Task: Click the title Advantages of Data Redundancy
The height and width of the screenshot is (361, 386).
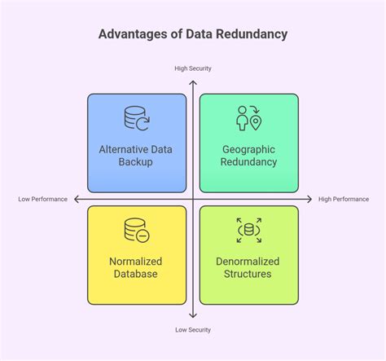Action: [192, 35]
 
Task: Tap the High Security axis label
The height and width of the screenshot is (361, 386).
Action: [193, 68]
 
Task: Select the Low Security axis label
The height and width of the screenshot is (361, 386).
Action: [193, 330]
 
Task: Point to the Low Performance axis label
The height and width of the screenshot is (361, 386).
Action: [43, 200]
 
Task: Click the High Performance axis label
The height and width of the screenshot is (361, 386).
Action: [344, 200]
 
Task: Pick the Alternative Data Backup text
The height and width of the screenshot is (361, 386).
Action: [137, 156]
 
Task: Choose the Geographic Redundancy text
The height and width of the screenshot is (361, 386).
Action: [249, 156]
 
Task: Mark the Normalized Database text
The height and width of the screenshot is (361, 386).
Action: [136, 267]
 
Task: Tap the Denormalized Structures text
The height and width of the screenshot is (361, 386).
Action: [249, 267]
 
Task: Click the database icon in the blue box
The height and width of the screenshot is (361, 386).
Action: [136, 118]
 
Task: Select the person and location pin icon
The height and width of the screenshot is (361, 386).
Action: [248, 118]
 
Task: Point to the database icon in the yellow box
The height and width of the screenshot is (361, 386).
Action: [136, 231]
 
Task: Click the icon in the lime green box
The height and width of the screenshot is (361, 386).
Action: [249, 231]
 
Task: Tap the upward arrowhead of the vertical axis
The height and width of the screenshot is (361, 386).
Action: [193, 78]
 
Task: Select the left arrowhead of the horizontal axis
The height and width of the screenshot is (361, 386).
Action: [76, 200]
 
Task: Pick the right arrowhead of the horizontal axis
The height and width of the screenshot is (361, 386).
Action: [310, 200]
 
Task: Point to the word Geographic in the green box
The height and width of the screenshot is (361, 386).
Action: [249, 149]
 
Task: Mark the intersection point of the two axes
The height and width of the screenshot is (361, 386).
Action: [193, 200]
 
